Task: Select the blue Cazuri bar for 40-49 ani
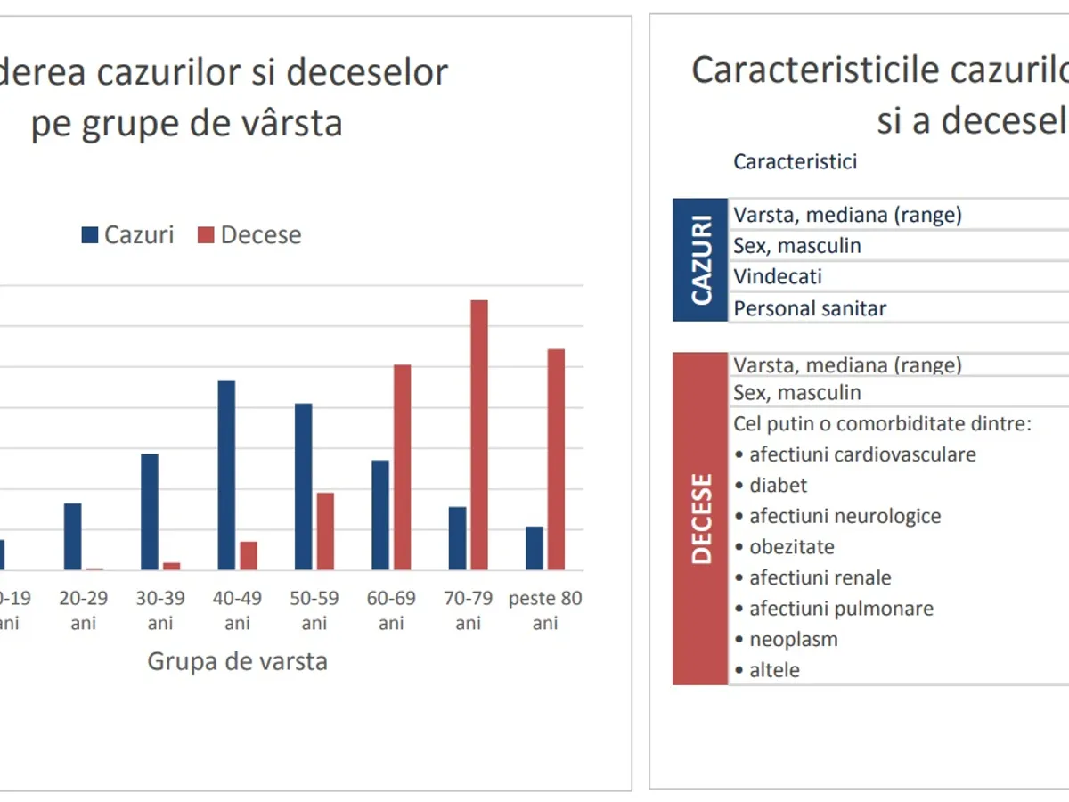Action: point(226,475)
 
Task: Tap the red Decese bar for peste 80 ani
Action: point(556,459)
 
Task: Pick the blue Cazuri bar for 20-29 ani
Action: point(72,536)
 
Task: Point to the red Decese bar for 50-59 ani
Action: point(325,531)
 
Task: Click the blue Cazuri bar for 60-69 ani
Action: point(380,515)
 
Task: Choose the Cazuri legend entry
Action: point(128,235)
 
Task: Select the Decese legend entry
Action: point(249,235)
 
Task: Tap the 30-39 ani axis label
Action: point(160,610)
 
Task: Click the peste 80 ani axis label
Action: point(545,610)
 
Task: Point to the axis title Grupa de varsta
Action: point(237,662)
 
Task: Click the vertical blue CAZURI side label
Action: point(701,259)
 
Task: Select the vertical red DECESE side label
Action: point(701,519)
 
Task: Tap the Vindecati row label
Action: point(778,276)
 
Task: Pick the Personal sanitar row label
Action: point(810,308)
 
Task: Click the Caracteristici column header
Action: point(796,161)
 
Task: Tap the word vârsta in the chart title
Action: point(288,122)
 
